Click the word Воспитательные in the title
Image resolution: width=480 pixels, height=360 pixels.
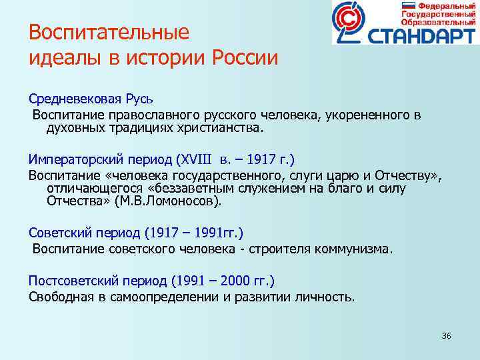point(109,33)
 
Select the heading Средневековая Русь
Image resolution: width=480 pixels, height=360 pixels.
point(91,99)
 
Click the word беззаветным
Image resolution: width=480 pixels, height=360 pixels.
point(216,188)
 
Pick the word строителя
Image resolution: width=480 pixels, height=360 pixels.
point(272,249)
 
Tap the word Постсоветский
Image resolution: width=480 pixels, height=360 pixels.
point(67,281)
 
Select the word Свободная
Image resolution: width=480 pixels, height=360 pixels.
point(58,297)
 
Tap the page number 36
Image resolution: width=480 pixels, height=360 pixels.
point(446,335)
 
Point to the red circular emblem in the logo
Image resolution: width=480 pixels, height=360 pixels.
point(352,23)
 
